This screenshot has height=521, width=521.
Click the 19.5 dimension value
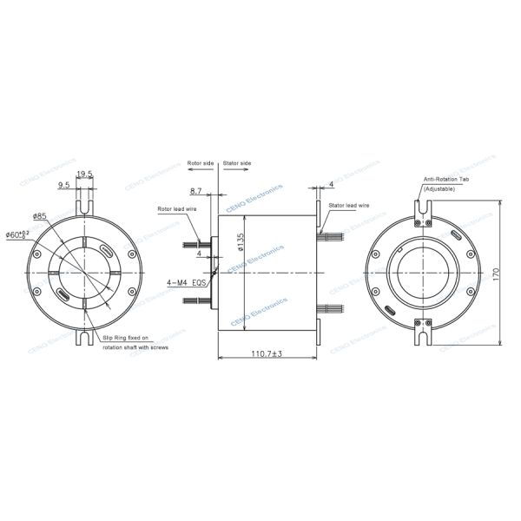click(x=85, y=175)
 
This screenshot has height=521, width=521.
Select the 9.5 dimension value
click(x=64, y=186)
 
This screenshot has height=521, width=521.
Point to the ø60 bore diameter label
click(x=18, y=234)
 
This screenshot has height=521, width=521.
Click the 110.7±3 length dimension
click(x=268, y=353)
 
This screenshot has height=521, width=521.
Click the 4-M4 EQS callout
click(x=187, y=282)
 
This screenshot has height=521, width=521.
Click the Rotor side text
click(x=200, y=162)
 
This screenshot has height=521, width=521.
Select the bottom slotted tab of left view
click(x=84, y=333)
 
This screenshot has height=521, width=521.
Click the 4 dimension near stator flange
click(x=331, y=184)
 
